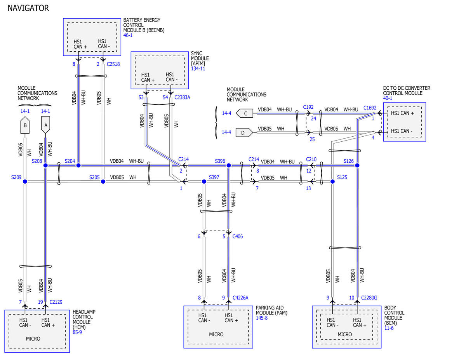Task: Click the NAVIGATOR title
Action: [x=28, y=8]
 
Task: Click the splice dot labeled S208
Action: [x=45, y=165]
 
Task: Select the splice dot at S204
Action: [x=78, y=165]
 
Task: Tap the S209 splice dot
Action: [x=25, y=182]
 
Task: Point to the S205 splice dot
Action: [x=103, y=182]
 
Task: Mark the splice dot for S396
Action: [x=229, y=165]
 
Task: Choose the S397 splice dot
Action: [x=204, y=182]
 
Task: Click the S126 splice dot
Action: [x=357, y=165]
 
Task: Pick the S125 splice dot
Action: [x=333, y=182]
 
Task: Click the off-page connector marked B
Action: [x=25, y=125]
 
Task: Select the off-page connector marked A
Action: [x=45, y=125]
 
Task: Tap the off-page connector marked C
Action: [x=245, y=113]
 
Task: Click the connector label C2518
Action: [x=113, y=64]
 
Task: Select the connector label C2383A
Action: [x=182, y=97]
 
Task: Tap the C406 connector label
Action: [x=238, y=236]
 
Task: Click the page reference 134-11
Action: [x=198, y=69]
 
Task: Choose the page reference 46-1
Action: [x=128, y=35]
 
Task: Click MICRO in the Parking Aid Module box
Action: [x=216, y=334]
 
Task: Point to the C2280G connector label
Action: [x=369, y=297]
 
